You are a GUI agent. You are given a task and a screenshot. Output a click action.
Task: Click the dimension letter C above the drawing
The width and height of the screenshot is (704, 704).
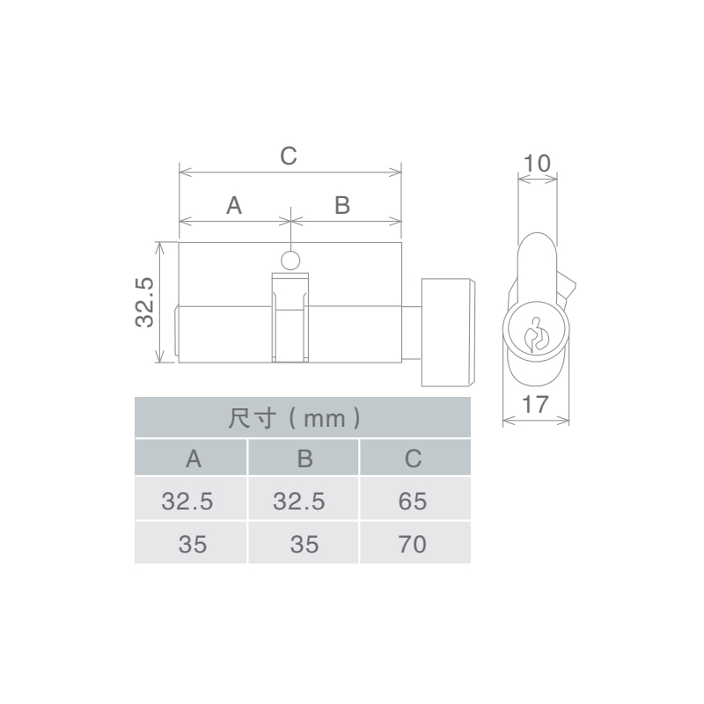pyautogui.click(x=289, y=157)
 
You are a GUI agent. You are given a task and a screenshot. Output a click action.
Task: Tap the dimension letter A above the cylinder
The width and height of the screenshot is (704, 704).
pyautogui.click(x=234, y=206)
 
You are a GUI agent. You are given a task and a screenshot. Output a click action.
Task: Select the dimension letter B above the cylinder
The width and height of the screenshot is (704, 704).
pyautogui.click(x=342, y=206)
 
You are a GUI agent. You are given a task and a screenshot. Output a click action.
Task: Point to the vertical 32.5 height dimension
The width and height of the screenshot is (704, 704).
pyautogui.click(x=144, y=302)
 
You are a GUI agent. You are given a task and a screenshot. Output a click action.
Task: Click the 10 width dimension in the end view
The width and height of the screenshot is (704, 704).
pyautogui.click(x=537, y=164)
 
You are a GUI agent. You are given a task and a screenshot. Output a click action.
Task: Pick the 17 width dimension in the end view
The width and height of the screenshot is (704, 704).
pyautogui.click(x=535, y=404)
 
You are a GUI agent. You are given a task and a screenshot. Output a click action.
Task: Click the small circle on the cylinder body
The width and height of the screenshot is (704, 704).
pyautogui.click(x=290, y=260)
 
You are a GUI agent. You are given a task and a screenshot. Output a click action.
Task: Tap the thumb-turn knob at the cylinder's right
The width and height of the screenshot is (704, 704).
pyautogui.click(x=448, y=333)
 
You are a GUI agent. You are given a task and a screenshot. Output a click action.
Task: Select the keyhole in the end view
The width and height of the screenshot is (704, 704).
pyautogui.click(x=537, y=334)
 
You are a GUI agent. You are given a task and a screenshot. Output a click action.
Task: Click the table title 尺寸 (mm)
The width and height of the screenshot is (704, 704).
pyautogui.click(x=295, y=419)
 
